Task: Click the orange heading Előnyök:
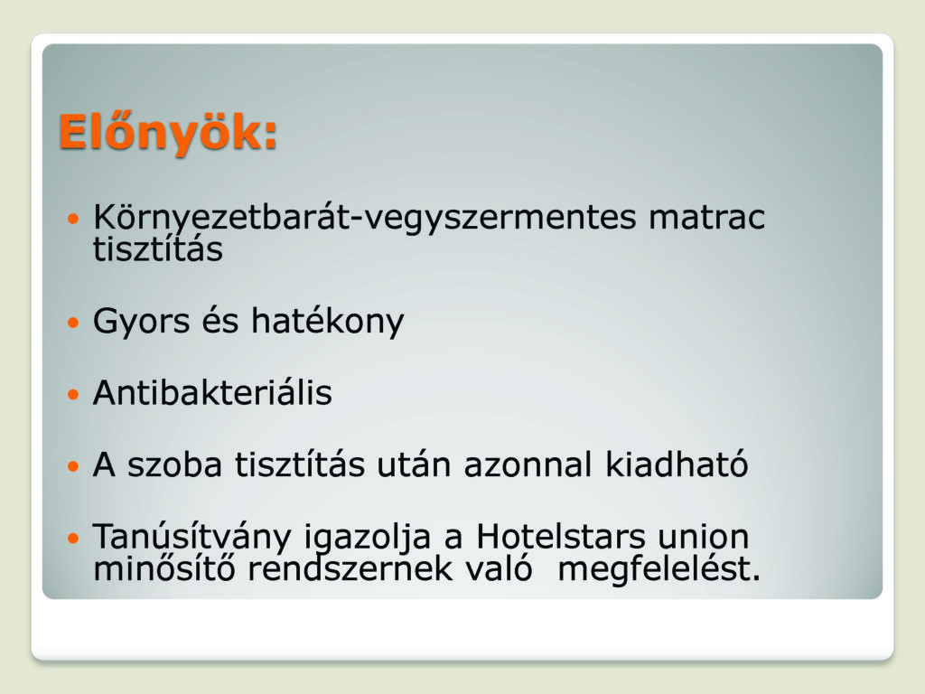168,134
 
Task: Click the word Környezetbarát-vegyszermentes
365,218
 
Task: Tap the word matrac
706,217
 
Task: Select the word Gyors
141,323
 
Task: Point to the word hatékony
327,322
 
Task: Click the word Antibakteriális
212,392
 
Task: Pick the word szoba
175,464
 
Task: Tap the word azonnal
528,464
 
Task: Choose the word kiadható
677,464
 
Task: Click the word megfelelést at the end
659,570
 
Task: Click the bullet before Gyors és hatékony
73,323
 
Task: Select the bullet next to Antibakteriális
73,394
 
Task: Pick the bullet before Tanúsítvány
73,539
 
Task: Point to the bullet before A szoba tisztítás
73,466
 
